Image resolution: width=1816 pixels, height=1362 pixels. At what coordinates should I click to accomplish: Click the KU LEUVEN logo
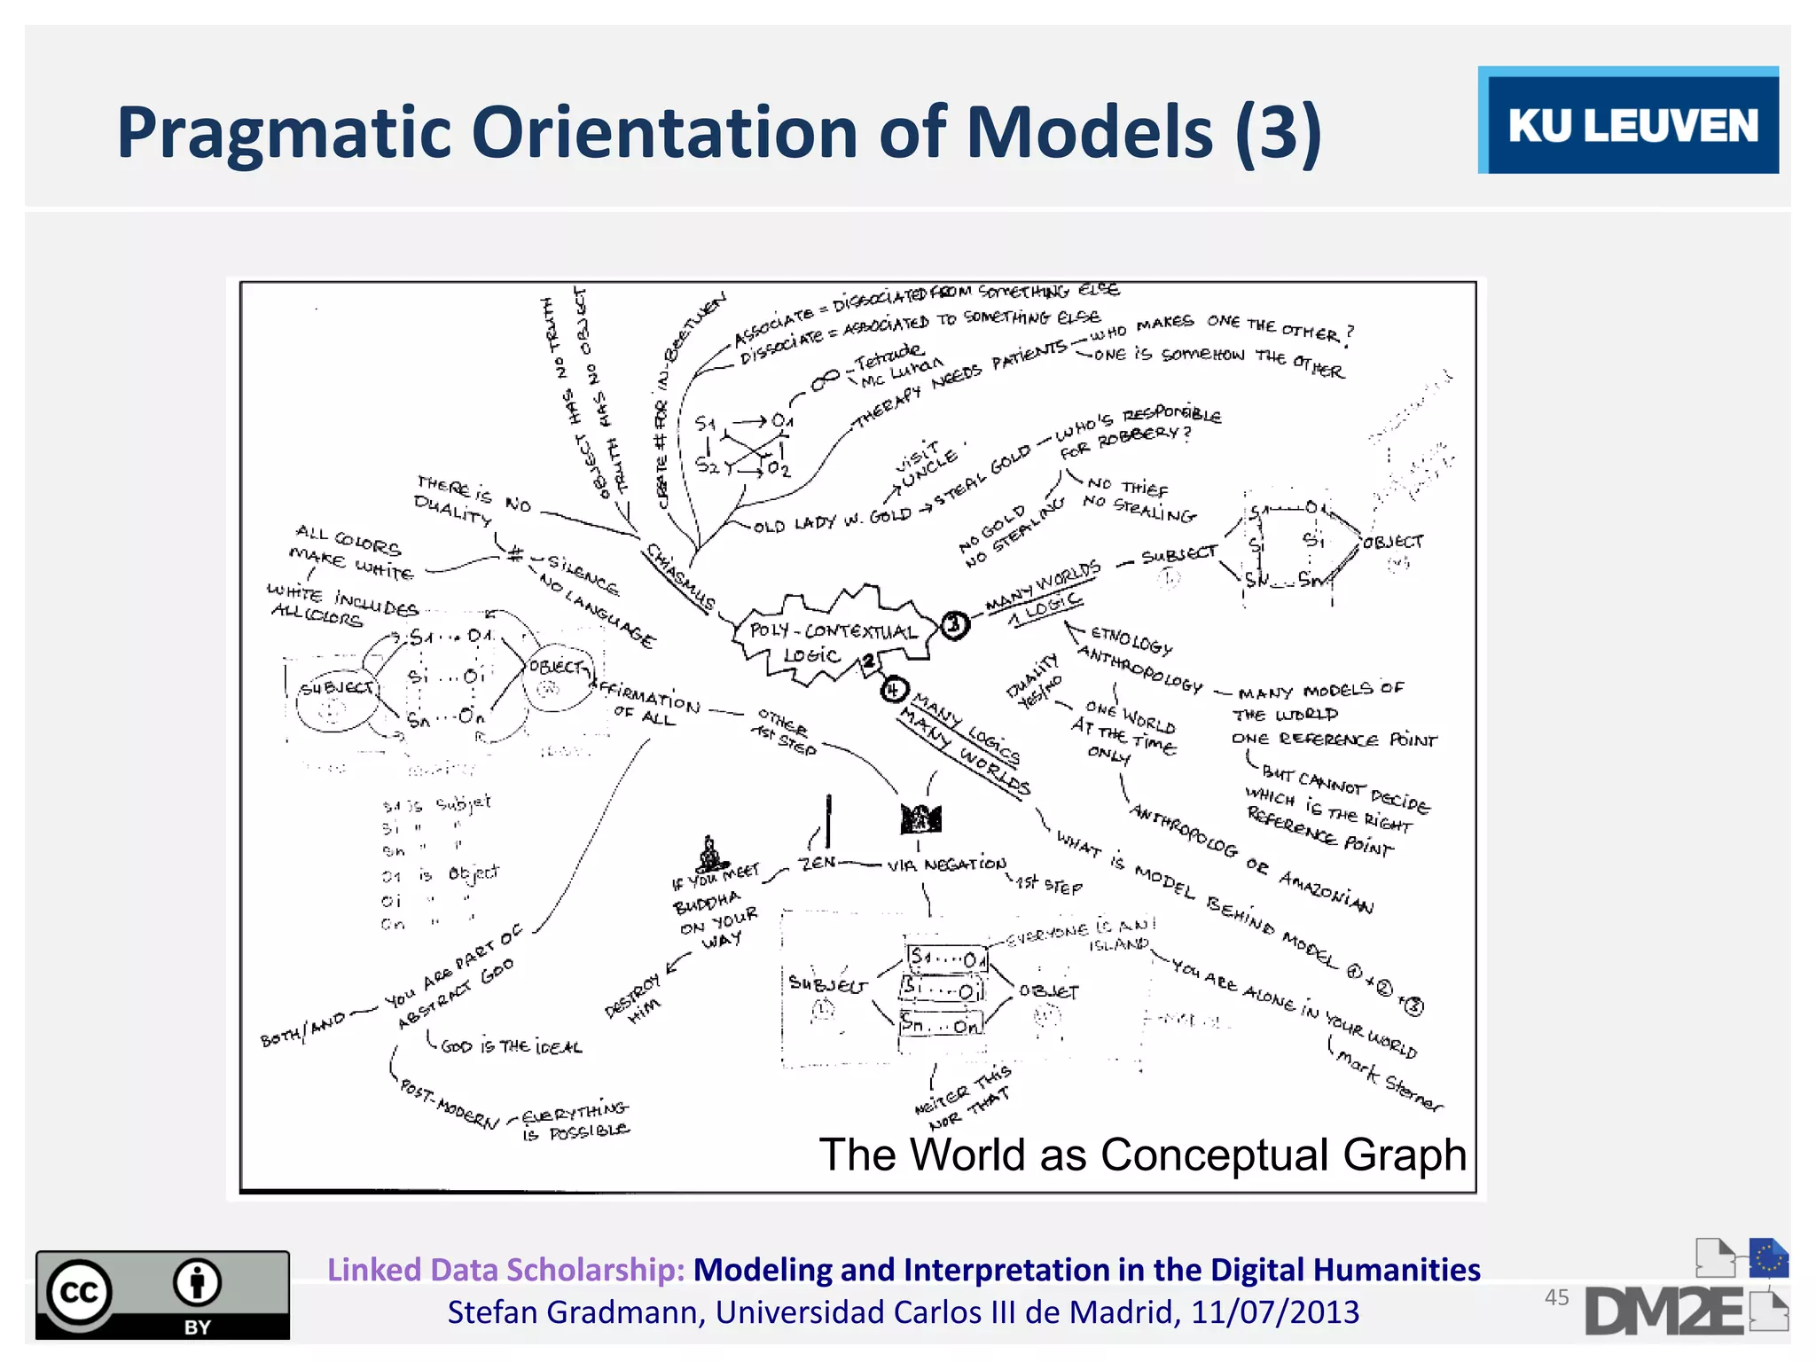point(1628,121)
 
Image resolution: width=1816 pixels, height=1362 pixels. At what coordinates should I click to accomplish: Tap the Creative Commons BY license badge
point(162,1294)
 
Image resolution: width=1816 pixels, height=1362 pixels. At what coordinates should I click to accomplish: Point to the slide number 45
point(1556,1297)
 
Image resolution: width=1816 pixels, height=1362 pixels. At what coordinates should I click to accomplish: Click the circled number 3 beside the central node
point(954,625)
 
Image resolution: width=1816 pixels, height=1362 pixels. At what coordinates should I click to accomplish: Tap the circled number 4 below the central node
point(894,690)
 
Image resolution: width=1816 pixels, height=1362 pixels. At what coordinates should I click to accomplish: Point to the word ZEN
point(818,862)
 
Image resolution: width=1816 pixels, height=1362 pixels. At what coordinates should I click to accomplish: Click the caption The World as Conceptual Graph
point(1142,1155)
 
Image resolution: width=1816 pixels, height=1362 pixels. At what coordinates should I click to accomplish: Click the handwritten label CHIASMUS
point(680,577)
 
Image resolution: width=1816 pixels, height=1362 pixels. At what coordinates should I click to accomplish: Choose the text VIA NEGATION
point(947,865)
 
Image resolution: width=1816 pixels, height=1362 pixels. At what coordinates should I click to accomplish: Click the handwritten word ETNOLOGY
point(1131,639)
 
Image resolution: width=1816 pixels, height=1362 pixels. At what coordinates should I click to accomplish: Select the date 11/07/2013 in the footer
point(1274,1312)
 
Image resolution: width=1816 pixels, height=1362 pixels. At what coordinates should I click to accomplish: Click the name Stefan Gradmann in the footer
point(575,1312)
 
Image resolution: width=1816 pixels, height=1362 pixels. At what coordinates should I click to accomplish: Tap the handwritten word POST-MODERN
point(450,1104)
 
